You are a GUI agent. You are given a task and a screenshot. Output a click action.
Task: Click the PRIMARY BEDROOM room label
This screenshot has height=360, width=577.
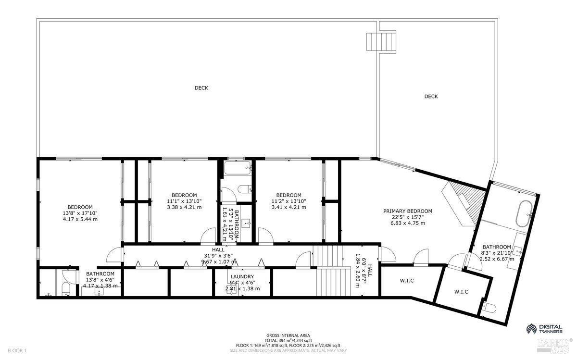pyautogui.click(x=407, y=211)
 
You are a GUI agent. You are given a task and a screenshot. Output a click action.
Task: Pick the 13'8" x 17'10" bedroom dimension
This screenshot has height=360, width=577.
pyautogui.click(x=80, y=213)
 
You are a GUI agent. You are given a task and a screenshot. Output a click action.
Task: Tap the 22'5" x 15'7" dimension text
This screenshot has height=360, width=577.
pyautogui.click(x=407, y=217)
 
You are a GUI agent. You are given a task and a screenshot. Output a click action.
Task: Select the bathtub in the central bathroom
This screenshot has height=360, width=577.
pyautogui.click(x=238, y=169)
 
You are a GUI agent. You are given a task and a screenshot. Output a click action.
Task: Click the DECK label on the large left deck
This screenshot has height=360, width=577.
pyautogui.click(x=201, y=88)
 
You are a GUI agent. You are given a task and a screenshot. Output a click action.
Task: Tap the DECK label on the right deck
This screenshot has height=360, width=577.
pyautogui.click(x=431, y=97)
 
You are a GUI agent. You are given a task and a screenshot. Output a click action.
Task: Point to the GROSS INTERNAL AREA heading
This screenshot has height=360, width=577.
pyautogui.click(x=288, y=335)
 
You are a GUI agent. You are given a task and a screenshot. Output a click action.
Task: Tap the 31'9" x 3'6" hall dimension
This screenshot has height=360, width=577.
pyautogui.click(x=218, y=256)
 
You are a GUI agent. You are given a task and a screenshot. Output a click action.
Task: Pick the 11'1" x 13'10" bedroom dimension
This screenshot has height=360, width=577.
pyautogui.click(x=184, y=201)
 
